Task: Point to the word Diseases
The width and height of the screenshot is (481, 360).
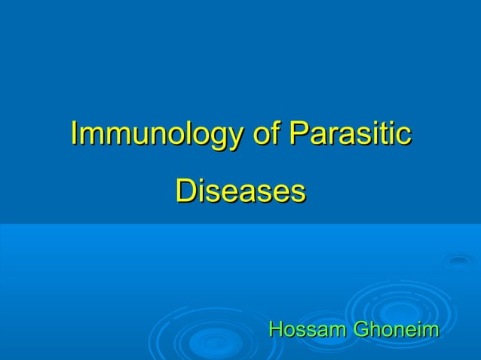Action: click(240, 191)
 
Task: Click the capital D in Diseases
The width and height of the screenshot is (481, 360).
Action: click(184, 191)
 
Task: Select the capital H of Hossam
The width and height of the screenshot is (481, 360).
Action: click(276, 330)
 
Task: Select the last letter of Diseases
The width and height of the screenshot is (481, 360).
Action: click(299, 193)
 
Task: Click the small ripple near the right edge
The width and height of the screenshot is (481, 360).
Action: click(458, 261)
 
